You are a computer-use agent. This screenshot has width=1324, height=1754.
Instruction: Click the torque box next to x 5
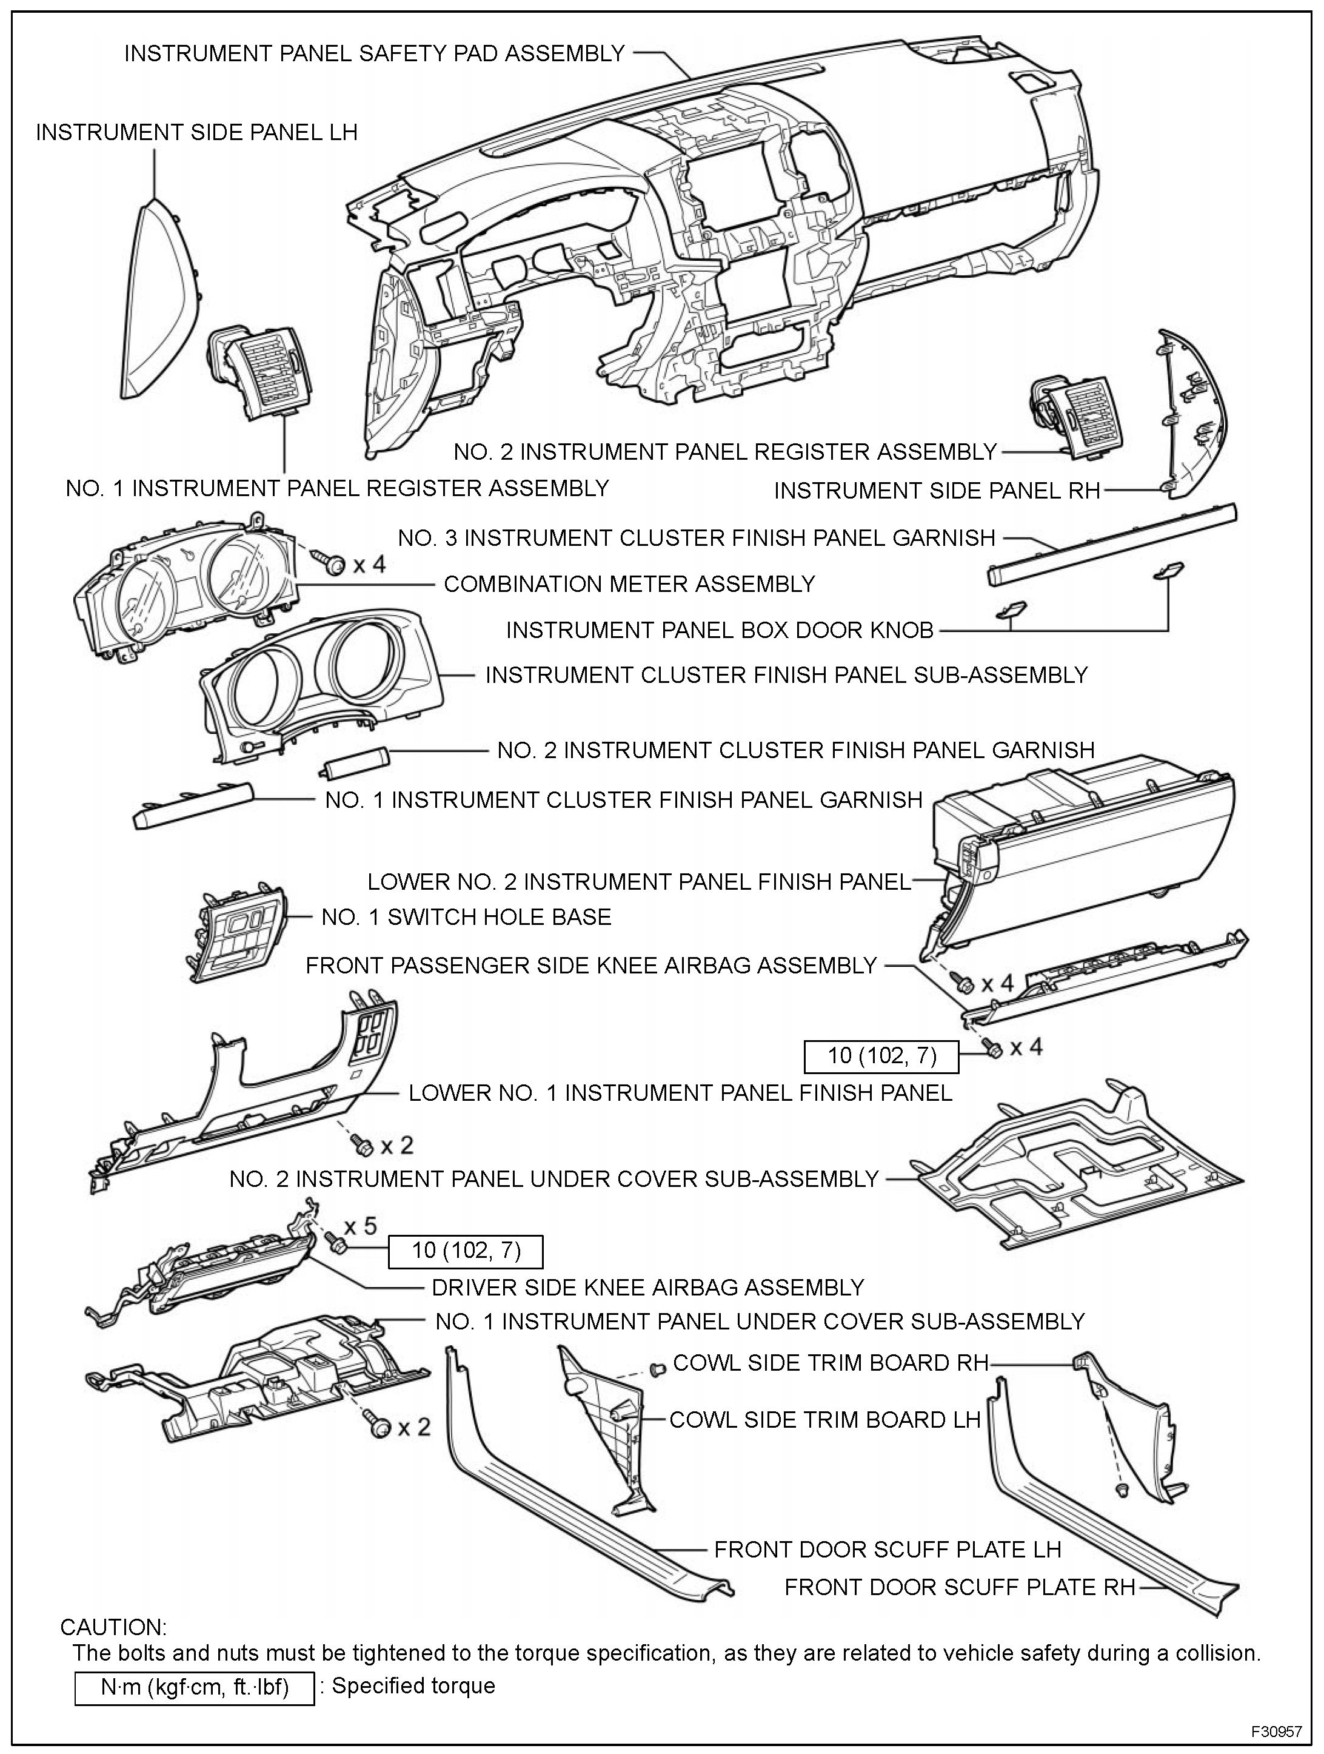(x=466, y=1251)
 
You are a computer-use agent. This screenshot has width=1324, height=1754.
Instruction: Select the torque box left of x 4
(x=881, y=1055)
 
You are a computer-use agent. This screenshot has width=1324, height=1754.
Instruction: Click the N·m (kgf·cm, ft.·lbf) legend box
(x=194, y=1686)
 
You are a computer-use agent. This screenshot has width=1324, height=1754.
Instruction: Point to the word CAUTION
(x=113, y=1627)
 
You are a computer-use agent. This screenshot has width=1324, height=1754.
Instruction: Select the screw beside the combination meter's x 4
(x=332, y=562)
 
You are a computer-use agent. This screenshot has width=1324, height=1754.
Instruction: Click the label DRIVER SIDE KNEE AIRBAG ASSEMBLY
(x=647, y=1286)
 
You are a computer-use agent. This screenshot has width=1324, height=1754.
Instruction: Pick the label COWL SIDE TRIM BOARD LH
(x=824, y=1419)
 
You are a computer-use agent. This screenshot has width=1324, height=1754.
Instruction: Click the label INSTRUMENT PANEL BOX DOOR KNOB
(x=719, y=630)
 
